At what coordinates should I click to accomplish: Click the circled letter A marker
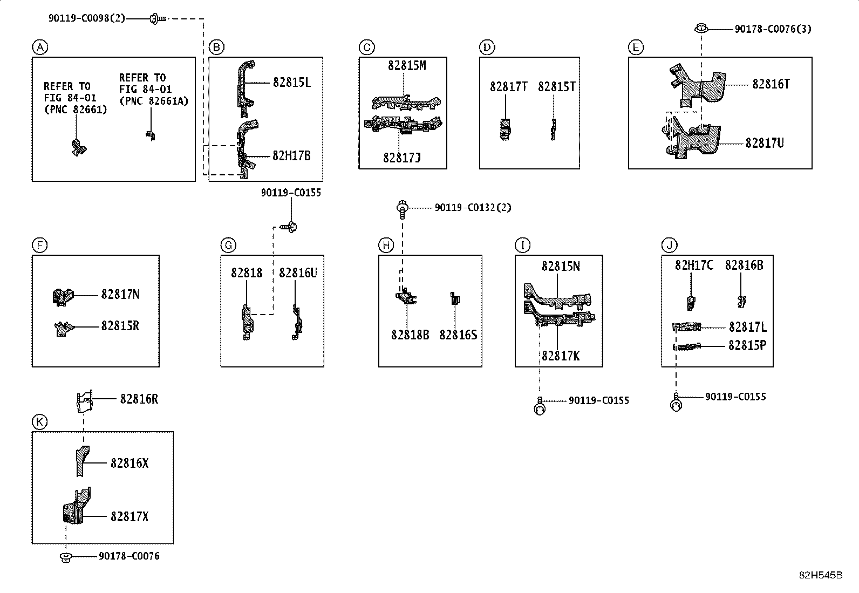click(x=40, y=47)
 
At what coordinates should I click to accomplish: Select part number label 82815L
click(x=292, y=83)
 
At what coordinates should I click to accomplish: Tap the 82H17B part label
click(x=291, y=156)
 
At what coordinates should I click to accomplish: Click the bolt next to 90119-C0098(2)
click(x=157, y=18)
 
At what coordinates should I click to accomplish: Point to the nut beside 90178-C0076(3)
click(x=701, y=28)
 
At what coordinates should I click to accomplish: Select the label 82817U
click(x=764, y=143)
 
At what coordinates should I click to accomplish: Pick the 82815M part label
click(x=407, y=66)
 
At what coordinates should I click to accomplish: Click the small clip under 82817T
click(x=506, y=129)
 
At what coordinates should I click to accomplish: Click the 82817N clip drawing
click(x=63, y=297)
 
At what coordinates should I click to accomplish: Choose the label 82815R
click(x=120, y=326)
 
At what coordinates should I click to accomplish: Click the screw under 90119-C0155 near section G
click(x=288, y=227)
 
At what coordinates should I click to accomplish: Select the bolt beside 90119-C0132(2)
click(x=402, y=209)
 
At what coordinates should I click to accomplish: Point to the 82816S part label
click(x=458, y=335)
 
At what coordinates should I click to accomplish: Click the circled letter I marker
click(x=523, y=246)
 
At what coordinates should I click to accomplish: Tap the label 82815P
click(x=747, y=345)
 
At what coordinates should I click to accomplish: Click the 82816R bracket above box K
click(x=85, y=401)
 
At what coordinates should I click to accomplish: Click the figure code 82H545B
click(x=821, y=575)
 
